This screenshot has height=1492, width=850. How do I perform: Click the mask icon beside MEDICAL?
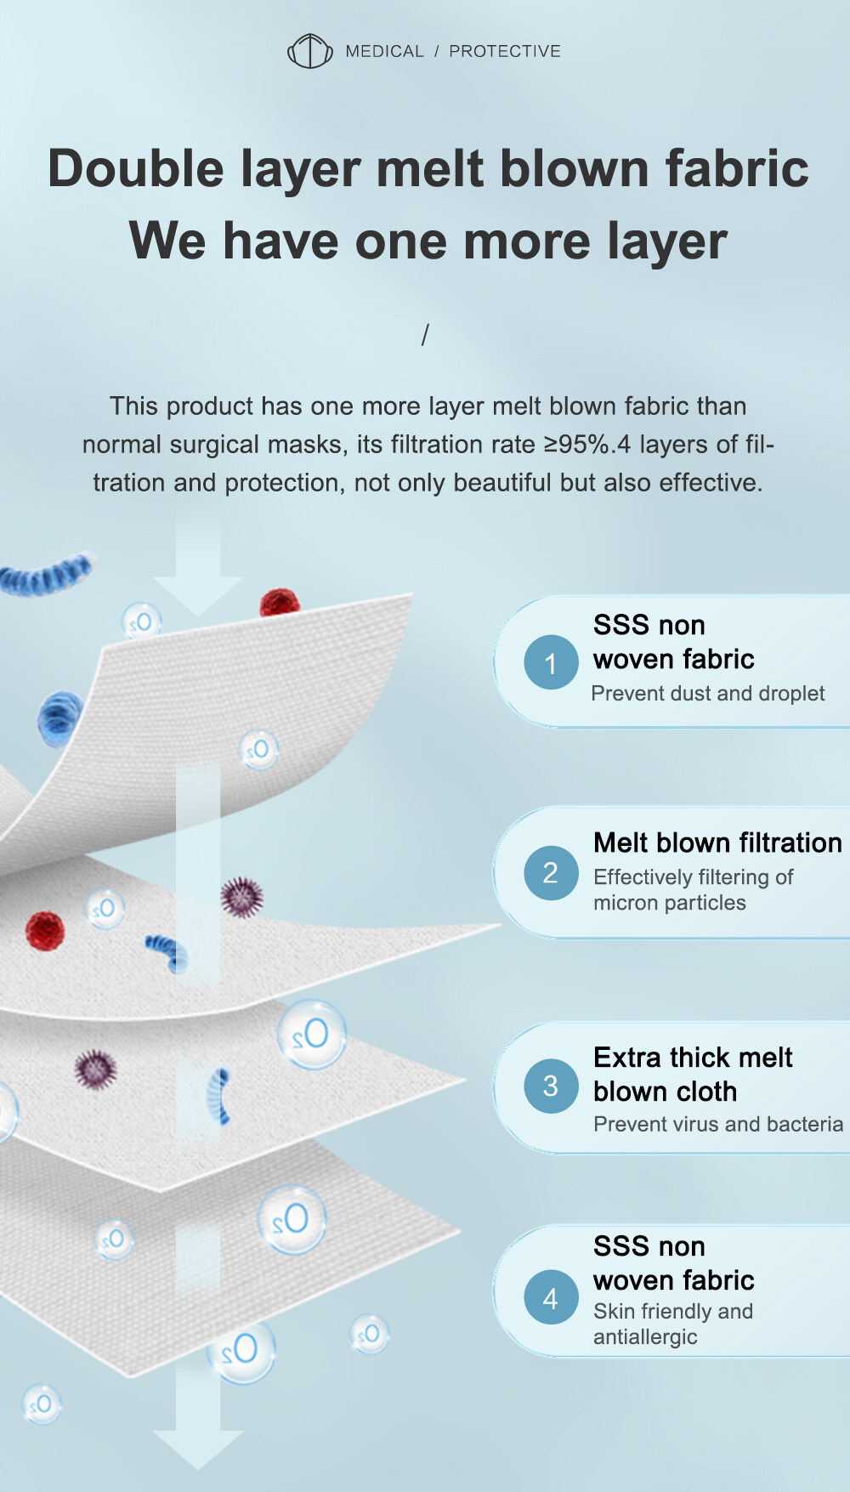309,51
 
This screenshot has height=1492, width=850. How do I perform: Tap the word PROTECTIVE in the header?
505,51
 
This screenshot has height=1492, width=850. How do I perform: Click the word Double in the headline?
136,167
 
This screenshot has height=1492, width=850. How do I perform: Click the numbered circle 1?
551,662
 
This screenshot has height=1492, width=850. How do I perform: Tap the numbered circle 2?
551,873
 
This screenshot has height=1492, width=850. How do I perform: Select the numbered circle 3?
551,1086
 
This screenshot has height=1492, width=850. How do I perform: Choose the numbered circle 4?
551,1297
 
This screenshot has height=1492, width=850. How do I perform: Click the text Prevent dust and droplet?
708,694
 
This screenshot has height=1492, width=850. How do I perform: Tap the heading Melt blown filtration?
718,842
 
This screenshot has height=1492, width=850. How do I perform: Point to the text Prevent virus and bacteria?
718,1124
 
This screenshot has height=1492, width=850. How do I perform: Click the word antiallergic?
645,1337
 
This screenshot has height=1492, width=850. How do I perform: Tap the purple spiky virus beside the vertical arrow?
242,897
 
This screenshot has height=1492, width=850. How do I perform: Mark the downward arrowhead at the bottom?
198,1449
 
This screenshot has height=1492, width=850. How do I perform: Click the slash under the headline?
425,335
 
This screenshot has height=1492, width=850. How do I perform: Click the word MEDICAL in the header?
385,51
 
